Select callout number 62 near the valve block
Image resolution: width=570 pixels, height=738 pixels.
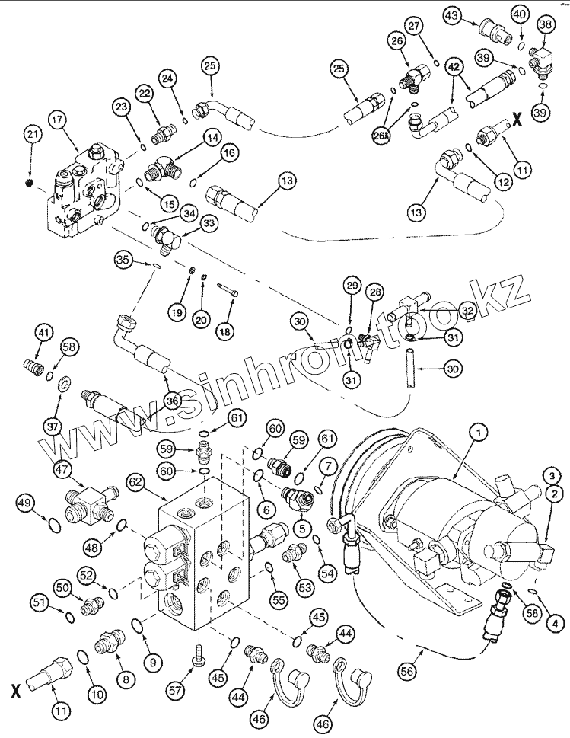click(135, 481)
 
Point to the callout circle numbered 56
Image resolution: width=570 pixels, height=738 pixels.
click(411, 671)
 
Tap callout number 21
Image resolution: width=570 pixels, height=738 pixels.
click(31, 135)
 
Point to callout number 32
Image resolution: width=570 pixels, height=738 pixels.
click(467, 310)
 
